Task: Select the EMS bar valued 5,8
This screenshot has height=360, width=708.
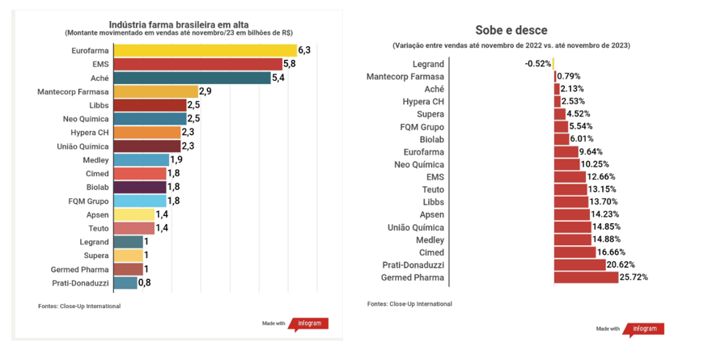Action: pyautogui.click(x=197, y=64)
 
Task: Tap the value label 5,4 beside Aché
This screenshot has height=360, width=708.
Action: pyautogui.click(x=279, y=78)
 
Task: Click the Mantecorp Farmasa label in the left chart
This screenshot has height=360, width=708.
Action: pyautogui.click(x=73, y=92)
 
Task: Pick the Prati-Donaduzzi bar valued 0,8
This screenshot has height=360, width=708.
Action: pyautogui.click(x=125, y=282)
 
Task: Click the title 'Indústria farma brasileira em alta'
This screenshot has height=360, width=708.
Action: pyautogui.click(x=178, y=23)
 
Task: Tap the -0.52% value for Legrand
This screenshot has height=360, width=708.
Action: pyautogui.click(x=537, y=63)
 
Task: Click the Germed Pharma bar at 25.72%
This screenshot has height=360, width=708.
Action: pyautogui.click(x=586, y=277)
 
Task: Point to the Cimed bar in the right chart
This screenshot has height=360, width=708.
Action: pyautogui.click(x=572, y=252)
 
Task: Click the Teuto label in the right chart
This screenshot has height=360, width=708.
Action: pyautogui.click(x=433, y=189)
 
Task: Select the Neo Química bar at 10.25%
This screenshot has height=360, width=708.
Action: pyautogui.click(x=567, y=164)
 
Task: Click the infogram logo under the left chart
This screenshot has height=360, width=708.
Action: pyautogui.click(x=310, y=324)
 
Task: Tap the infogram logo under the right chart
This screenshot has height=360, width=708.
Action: pyautogui.click(x=646, y=329)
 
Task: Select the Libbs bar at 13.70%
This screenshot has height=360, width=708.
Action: pyautogui.click(x=571, y=201)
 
